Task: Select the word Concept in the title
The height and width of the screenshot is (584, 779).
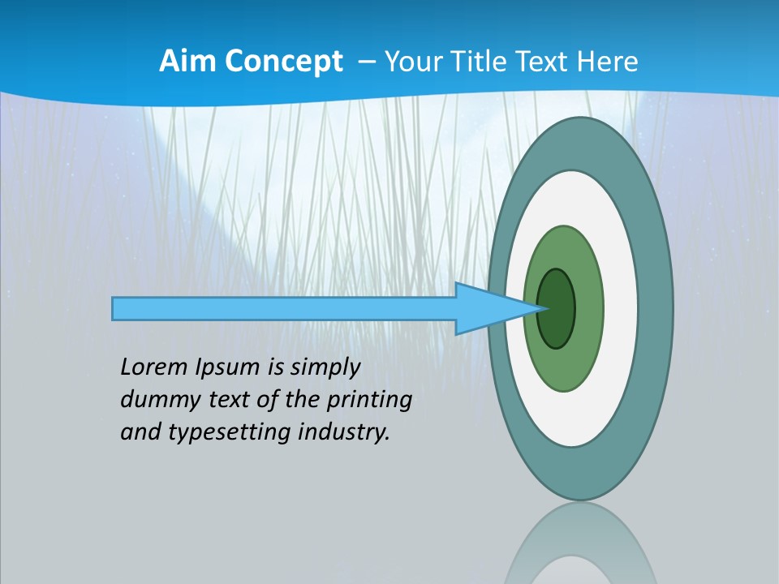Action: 284,61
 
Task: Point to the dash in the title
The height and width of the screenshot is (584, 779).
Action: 366,62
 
